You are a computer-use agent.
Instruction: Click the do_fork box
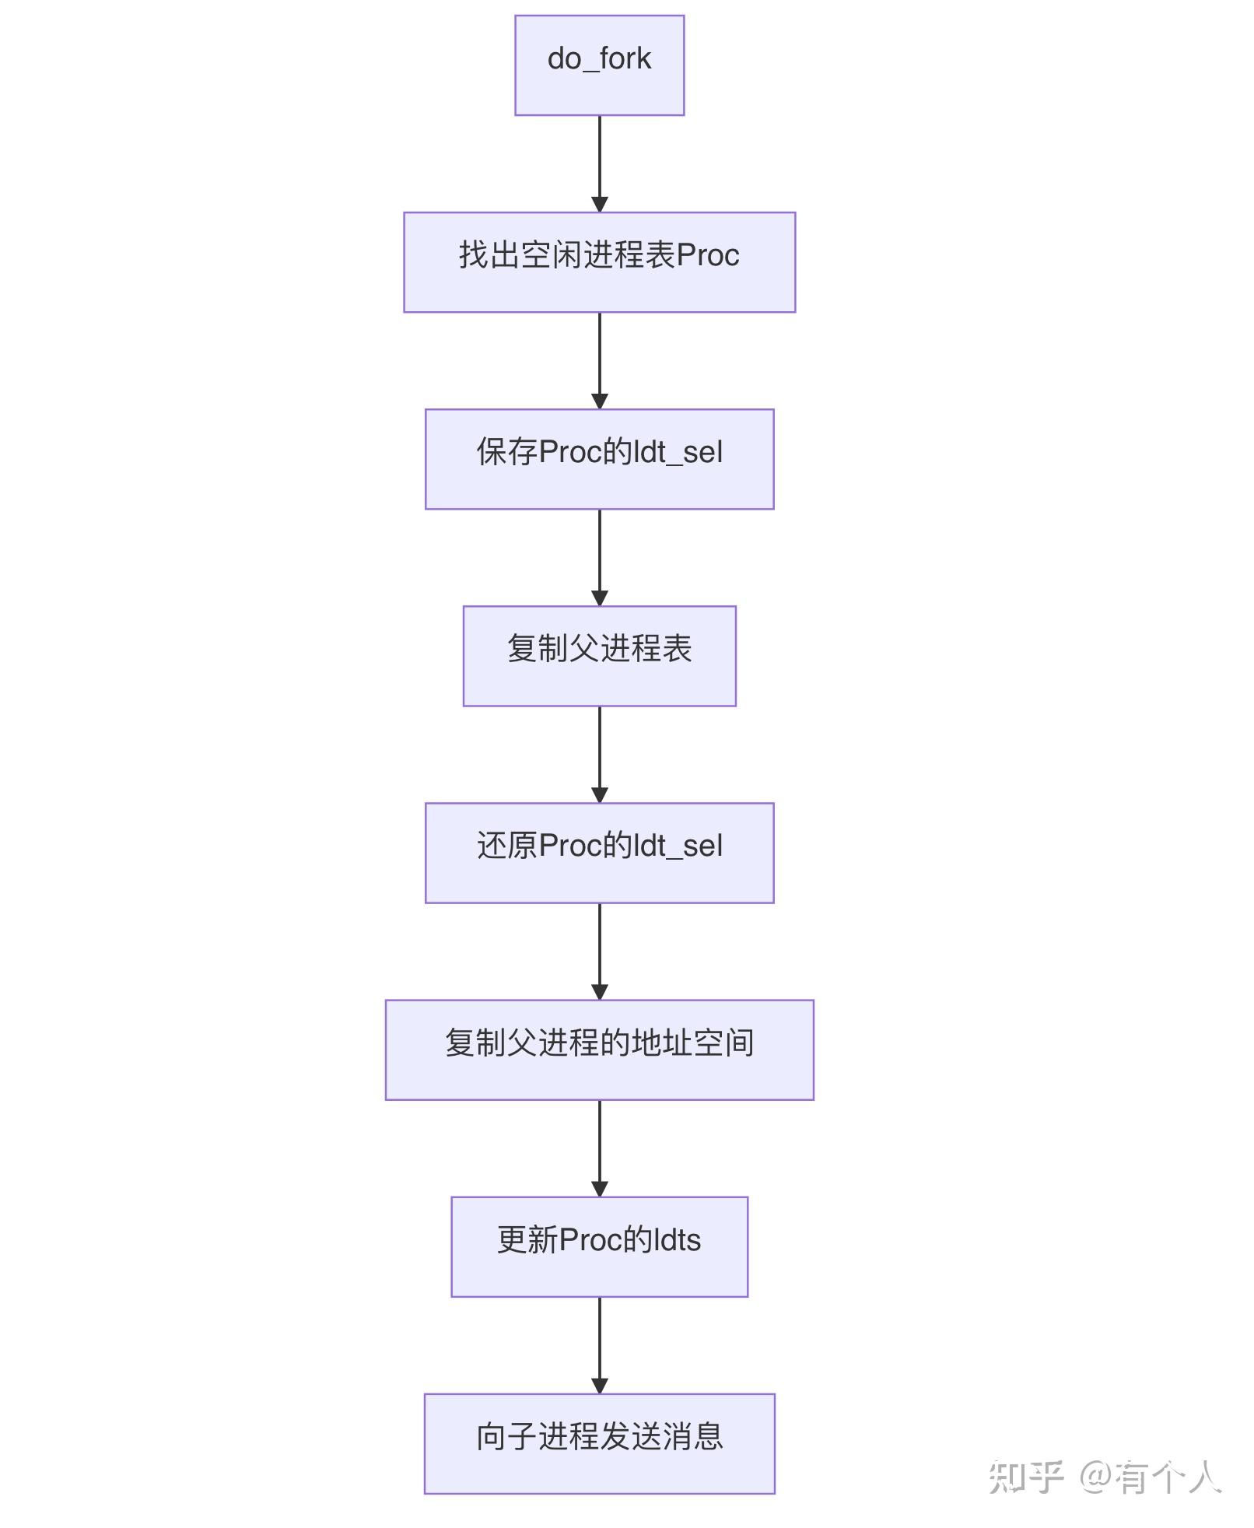[599, 65]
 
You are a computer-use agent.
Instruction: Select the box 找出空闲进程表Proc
[599, 262]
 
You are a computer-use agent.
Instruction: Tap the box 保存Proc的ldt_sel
[599, 459]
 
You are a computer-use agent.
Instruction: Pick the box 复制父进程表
[599, 656]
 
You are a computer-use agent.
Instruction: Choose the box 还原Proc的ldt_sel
[599, 853]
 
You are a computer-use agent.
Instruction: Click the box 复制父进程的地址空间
[599, 1050]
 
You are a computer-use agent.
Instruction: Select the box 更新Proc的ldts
[599, 1246]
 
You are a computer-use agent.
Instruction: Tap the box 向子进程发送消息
[599, 1443]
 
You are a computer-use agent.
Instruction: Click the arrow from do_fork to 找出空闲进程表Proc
[599, 163]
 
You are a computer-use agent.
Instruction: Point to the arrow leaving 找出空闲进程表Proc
[599, 360]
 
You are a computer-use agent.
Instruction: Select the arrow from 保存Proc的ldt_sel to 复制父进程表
[599, 557]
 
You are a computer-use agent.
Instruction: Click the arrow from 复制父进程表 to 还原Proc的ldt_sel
[599, 754]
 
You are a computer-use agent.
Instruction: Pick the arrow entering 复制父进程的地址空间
[599, 951]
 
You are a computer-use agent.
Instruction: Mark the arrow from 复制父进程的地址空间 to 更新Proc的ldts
[599, 1148]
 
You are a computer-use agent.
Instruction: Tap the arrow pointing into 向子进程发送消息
[599, 1344]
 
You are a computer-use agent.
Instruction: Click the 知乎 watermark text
[1025, 1477]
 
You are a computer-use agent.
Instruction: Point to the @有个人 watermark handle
[1150, 1477]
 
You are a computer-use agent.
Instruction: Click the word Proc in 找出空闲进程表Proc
[708, 255]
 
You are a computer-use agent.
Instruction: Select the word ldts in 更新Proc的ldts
[678, 1240]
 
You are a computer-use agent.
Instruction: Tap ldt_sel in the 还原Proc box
[679, 846]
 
